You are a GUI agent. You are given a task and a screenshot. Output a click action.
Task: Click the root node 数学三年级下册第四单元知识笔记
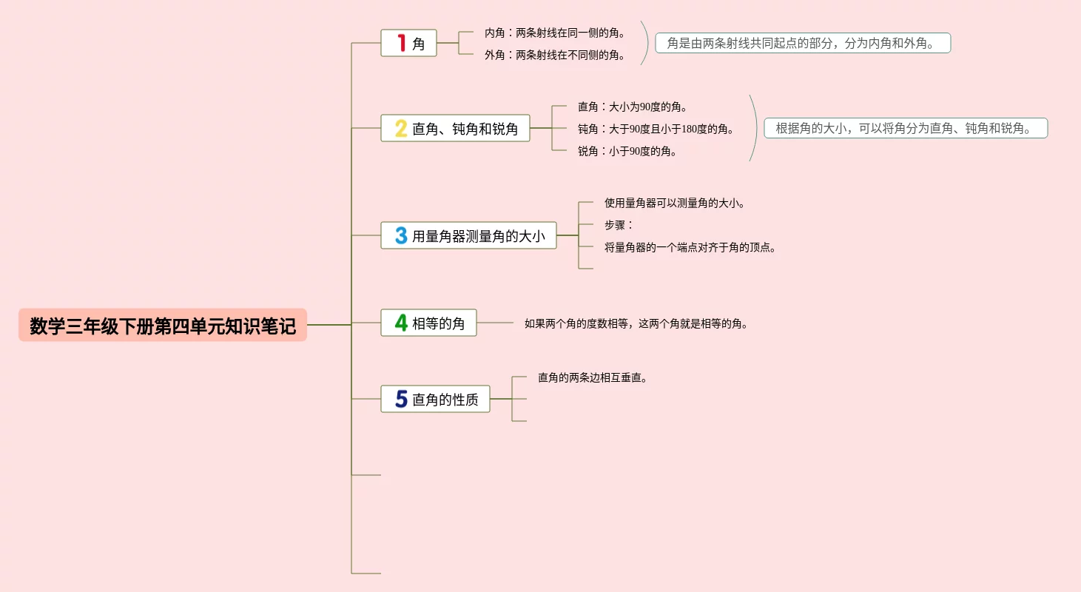click(163, 326)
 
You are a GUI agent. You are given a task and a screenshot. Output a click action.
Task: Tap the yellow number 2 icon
click(401, 129)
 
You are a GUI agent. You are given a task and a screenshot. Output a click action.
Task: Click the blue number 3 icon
click(401, 235)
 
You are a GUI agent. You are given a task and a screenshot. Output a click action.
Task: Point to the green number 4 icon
click(401, 323)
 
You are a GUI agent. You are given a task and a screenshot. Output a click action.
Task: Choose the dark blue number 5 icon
click(401, 400)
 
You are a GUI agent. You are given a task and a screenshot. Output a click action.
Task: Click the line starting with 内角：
click(555, 33)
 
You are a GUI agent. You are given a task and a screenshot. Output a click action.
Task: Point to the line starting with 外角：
click(555, 55)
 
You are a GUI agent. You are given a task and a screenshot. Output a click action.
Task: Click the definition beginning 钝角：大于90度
click(656, 129)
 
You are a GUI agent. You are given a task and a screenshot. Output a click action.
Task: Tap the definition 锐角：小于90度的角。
click(627, 151)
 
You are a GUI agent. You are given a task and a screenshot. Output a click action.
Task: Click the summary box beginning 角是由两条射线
click(803, 43)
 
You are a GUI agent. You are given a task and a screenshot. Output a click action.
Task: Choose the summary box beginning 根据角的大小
click(906, 128)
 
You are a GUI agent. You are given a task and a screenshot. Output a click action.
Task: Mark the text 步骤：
click(619, 225)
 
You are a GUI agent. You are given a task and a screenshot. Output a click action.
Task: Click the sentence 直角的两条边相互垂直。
click(593, 377)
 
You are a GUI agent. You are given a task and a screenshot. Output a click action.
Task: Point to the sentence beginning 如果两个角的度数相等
click(636, 323)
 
